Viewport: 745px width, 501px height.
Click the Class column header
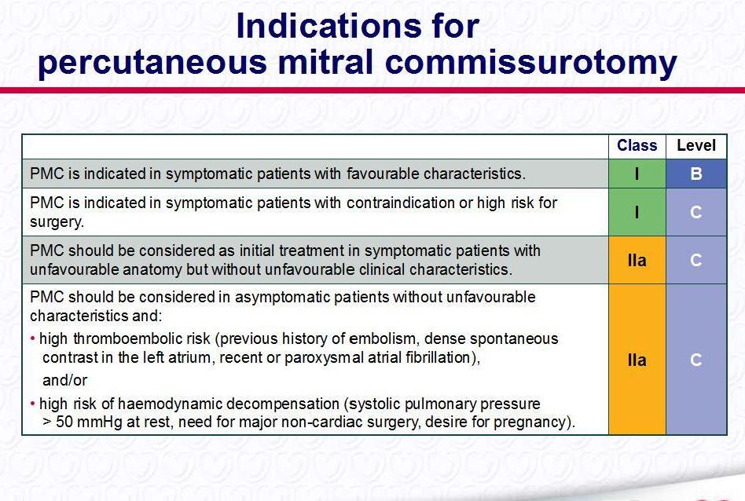[637, 145]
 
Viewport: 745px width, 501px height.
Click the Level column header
[696, 145]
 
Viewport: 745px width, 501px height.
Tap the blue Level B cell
[696, 174]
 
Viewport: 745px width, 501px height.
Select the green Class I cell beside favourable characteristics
[637, 174]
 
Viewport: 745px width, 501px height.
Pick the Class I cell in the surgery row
[637, 212]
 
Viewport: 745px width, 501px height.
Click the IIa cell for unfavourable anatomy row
[637, 260]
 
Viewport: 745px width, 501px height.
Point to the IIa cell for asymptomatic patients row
[637, 360]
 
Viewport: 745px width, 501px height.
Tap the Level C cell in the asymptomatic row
[696, 360]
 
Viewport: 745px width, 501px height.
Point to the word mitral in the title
[325, 62]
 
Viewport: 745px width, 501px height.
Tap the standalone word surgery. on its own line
[57, 222]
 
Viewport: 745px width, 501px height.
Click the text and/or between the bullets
[64, 380]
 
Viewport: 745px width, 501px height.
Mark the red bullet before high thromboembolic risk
[33, 338]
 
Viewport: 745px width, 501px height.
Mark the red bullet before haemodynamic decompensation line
[33, 404]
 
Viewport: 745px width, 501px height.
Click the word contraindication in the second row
[400, 203]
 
